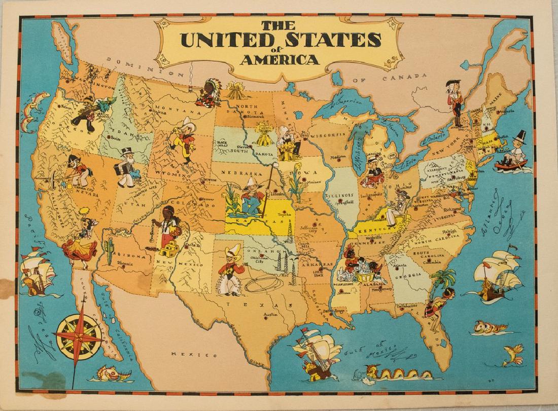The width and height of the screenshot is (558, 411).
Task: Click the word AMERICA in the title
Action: tap(280, 60)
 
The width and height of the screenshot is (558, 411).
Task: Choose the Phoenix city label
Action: tap(126, 264)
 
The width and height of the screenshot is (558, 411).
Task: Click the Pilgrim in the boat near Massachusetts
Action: tap(513, 152)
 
